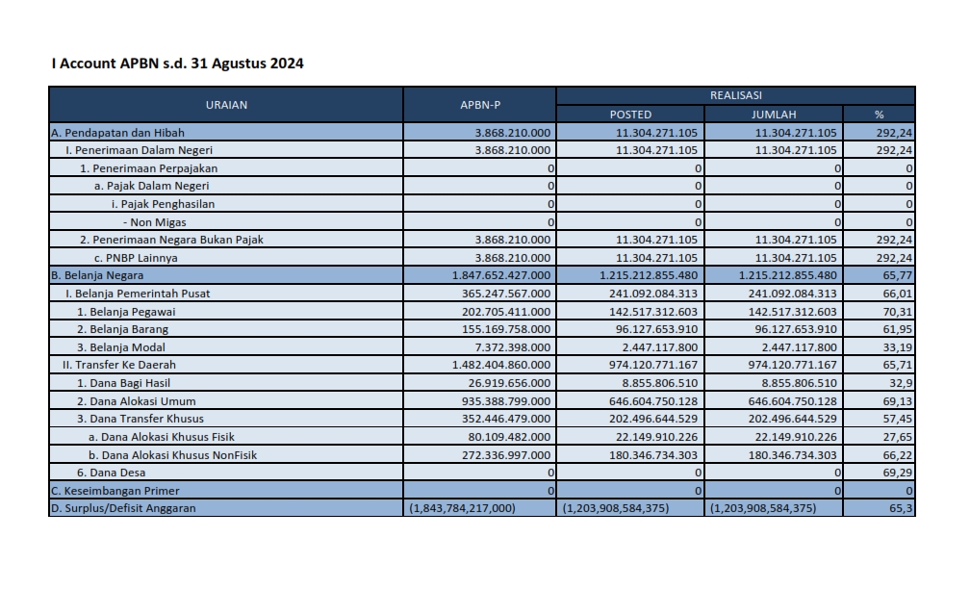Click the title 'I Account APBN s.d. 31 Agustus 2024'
click(x=177, y=64)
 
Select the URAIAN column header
click(x=226, y=105)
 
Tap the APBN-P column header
click(x=479, y=105)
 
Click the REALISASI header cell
click(x=735, y=95)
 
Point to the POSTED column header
click(x=630, y=115)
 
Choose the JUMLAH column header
click(x=774, y=115)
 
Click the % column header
click(x=879, y=115)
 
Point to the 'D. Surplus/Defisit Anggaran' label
click(x=123, y=508)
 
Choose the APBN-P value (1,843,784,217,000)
click(x=463, y=508)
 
